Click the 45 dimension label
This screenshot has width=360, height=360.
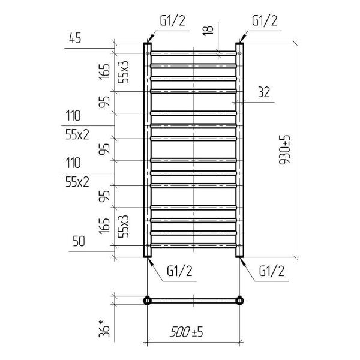click(75, 39)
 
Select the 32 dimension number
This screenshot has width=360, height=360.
click(263, 92)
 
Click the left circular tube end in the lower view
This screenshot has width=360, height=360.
click(147, 300)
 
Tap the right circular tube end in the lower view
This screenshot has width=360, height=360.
click(239, 300)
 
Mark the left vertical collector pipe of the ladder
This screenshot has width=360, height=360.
click(147, 150)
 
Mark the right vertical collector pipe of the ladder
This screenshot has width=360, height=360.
click(239, 150)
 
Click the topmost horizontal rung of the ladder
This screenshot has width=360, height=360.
click(193, 53)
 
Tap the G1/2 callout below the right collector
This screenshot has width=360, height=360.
click(272, 273)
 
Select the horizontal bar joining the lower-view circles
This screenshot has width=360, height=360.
click(193, 300)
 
